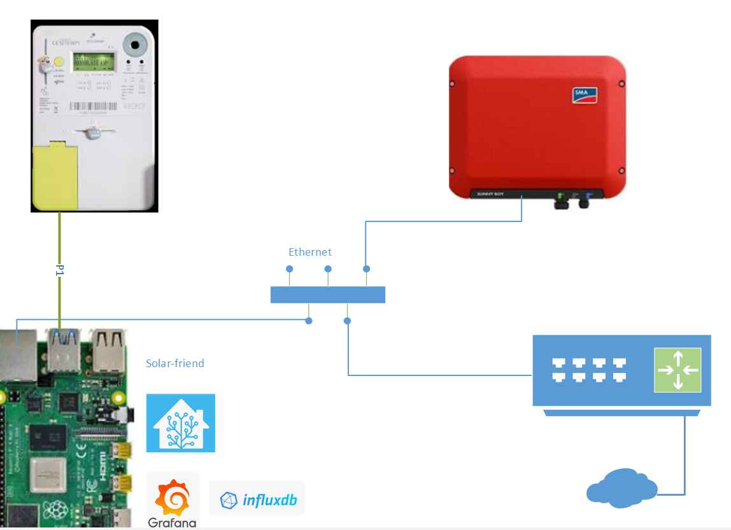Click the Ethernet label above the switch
coord(310,252)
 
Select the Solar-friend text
coord(175,363)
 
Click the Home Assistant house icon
coord(181,423)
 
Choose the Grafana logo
coord(173,500)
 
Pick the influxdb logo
coord(257,500)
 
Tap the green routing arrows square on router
coord(678,369)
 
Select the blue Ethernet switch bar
coord(328,295)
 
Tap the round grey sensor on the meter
coord(135,45)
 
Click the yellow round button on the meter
coord(58,62)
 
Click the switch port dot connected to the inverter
coord(366,269)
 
